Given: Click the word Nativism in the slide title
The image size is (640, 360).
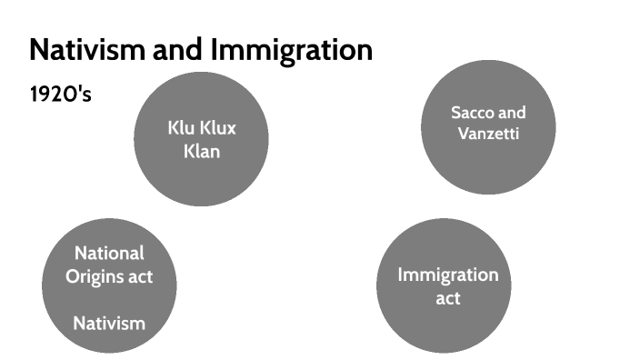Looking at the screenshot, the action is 80,50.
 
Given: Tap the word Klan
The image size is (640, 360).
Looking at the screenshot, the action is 201,151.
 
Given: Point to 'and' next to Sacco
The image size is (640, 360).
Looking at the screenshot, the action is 512,113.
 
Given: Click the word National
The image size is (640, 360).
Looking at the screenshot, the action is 109,254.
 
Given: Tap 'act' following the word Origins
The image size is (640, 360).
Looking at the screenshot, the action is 140,276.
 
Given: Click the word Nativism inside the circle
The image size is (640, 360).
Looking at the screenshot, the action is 109,322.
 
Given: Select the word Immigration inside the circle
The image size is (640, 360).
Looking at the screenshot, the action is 448,275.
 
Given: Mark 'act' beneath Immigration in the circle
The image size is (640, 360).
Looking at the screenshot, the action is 447,297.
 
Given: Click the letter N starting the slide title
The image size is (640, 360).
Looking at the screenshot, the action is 39,50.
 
